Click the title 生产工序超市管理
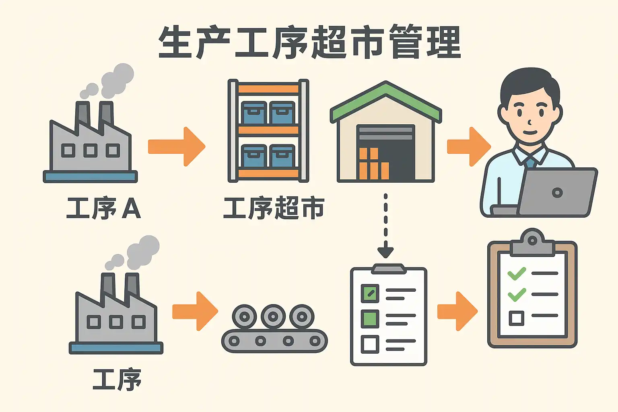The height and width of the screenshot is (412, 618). (309, 42)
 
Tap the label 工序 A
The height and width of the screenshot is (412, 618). (103, 208)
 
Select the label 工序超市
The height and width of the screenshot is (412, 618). (274, 208)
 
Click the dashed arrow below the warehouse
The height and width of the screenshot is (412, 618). (385, 225)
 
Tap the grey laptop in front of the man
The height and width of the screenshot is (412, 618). (557, 192)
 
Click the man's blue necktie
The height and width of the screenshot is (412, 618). (530, 162)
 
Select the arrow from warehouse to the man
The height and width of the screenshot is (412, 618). (469, 146)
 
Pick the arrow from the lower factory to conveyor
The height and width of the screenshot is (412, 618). (195, 311)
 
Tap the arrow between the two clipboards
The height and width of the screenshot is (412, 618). (457, 311)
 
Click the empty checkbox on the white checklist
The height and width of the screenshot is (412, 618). (370, 344)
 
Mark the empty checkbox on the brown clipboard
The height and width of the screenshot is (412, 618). (516, 318)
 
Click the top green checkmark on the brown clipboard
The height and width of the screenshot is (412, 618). (517, 274)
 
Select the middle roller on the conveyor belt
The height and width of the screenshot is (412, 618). (273, 317)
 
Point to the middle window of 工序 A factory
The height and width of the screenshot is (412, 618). (90, 151)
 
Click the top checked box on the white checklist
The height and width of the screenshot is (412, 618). (370, 293)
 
